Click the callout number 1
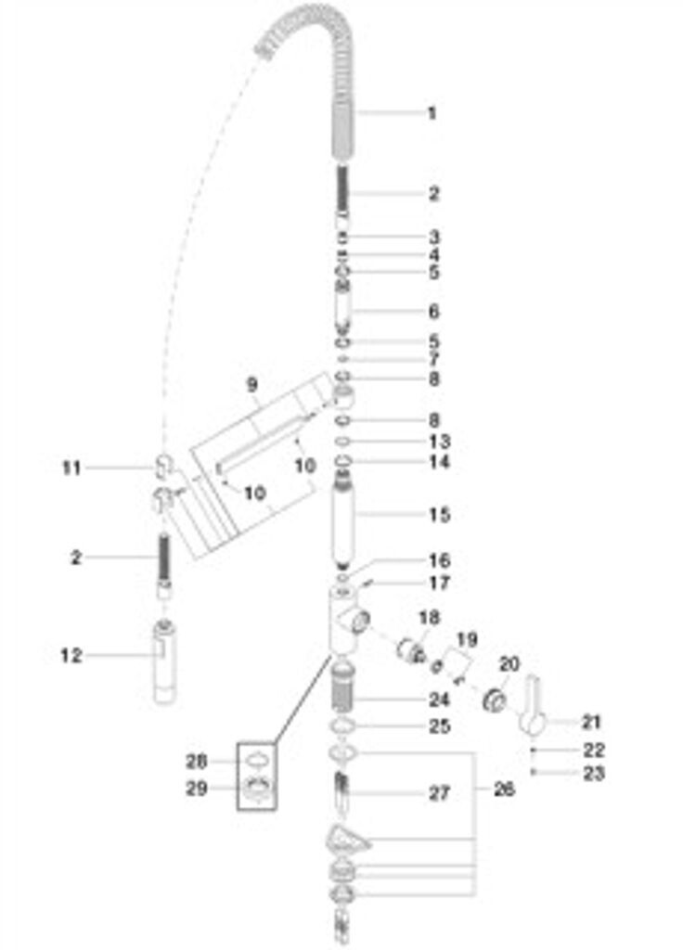432,113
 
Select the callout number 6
434,312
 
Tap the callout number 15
439,515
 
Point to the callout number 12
71,656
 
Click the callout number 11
71,468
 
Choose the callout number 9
252,384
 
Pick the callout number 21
590,722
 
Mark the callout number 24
439,700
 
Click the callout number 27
439,793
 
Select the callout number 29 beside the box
197,789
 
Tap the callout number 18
429,618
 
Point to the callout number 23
594,773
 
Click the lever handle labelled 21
532,706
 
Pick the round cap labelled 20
495,701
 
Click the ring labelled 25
344,725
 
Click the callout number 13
439,441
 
